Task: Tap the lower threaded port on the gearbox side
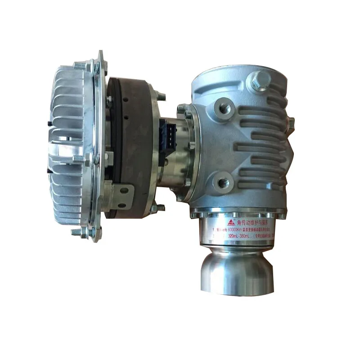(222, 182)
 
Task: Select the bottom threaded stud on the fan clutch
(80, 232)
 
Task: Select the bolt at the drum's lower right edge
(160, 207)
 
